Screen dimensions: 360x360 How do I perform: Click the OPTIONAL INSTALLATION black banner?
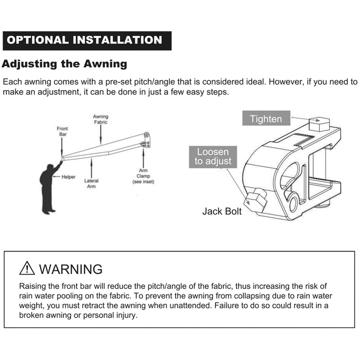pyautogui.click(x=87, y=41)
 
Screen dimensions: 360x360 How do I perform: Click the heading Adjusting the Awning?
pyautogui.click(x=64, y=64)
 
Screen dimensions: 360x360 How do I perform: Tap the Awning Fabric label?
pyautogui.click(x=100, y=120)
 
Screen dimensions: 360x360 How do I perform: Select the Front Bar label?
pyautogui.click(x=62, y=131)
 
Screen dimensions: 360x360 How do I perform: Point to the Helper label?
pyautogui.click(x=68, y=177)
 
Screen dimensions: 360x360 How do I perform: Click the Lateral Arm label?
pyautogui.click(x=91, y=184)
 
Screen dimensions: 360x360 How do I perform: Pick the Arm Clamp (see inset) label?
pyautogui.click(x=143, y=176)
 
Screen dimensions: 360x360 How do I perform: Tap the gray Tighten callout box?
pyautogui.click(x=266, y=118)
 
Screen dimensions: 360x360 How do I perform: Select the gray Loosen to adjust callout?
pyautogui.click(x=213, y=157)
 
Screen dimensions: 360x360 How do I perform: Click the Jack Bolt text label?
pyautogui.click(x=222, y=211)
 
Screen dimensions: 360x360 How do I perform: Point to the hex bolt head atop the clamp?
pyautogui.click(x=319, y=124)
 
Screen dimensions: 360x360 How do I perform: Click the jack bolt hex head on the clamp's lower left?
pyautogui.click(x=256, y=201)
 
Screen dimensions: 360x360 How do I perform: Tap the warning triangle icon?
pyautogui.click(x=27, y=268)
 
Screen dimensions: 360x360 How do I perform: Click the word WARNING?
pyautogui.click(x=71, y=269)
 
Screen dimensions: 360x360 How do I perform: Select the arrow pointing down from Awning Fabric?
pyautogui.click(x=101, y=135)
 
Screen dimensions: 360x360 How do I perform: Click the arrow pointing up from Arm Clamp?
pyautogui.click(x=143, y=158)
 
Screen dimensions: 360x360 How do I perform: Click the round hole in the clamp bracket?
pyautogui.click(x=294, y=203)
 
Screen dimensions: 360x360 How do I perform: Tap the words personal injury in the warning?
pyautogui.click(x=110, y=315)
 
